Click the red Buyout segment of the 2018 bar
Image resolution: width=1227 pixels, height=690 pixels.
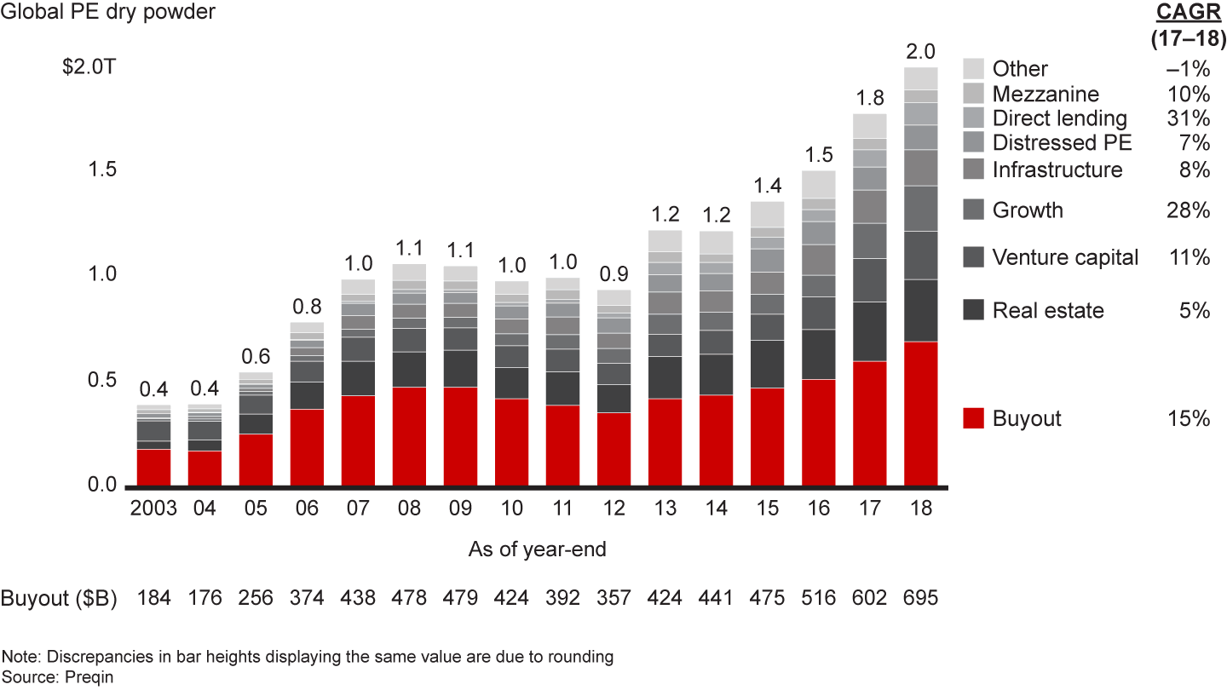[x=920, y=414]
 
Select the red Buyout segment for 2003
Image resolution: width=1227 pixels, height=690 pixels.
[x=153, y=468]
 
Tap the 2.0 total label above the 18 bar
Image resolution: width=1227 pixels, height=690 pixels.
[x=920, y=52]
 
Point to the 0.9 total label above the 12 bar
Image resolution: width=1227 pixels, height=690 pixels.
[x=613, y=275]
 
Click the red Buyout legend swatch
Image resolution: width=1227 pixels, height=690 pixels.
[x=974, y=418]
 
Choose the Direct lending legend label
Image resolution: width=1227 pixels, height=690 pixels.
[x=1059, y=118]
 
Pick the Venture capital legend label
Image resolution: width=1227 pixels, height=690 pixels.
[x=1065, y=257]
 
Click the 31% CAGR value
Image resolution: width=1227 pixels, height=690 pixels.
[x=1190, y=118]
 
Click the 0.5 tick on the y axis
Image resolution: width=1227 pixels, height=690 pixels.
[x=101, y=379]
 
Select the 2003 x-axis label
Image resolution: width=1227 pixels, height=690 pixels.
[x=153, y=509]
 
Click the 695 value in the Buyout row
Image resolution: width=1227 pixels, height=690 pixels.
[x=920, y=598]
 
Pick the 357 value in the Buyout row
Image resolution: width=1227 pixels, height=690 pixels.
[x=613, y=598]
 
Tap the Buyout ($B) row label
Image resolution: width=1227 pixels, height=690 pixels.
[x=59, y=598]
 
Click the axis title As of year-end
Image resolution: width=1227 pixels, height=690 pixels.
[x=537, y=549]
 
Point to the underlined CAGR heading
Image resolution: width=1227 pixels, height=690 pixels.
[x=1180, y=13]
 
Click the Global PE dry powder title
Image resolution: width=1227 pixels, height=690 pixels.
[x=108, y=13]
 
